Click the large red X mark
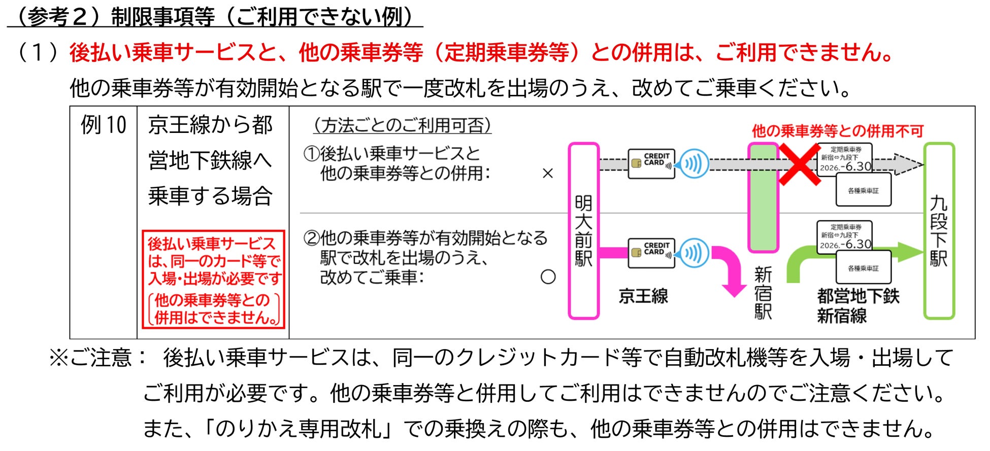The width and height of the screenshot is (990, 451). pyautogui.click(x=799, y=164)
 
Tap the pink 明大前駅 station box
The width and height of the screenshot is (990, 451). pyautogui.click(x=583, y=231)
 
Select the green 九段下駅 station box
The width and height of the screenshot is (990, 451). pyautogui.click(x=939, y=231)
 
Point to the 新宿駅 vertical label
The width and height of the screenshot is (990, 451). pyautogui.click(x=763, y=293)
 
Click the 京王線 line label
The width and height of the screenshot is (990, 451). pyautogui.click(x=643, y=296)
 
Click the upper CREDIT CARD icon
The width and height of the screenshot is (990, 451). pyautogui.click(x=651, y=163)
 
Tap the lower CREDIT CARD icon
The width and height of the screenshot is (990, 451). pyautogui.click(x=651, y=252)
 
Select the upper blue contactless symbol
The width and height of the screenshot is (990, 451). pyautogui.click(x=694, y=164)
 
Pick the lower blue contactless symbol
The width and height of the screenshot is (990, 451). pyautogui.click(x=694, y=253)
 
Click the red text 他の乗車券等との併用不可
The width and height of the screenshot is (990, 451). pyautogui.click(x=837, y=131)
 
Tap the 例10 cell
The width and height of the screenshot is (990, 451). pyautogui.click(x=104, y=125)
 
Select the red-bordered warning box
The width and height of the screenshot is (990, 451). pyautogui.click(x=213, y=280)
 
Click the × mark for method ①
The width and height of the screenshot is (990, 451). pyautogui.click(x=547, y=174)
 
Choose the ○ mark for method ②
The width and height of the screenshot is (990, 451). pyautogui.click(x=548, y=277)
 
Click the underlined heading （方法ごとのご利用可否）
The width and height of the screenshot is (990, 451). pyautogui.click(x=401, y=125)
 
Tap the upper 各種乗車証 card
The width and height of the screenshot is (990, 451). pyautogui.click(x=863, y=190)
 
